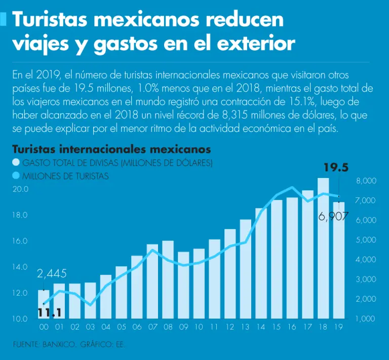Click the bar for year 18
(323, 248)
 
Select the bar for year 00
(44, 304)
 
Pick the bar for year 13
(246, 269)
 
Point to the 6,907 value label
(333, 217)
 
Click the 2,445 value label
(52, 274)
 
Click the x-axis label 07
(152, 328)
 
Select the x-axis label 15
(277, 328)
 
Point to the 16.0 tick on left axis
(21, 241)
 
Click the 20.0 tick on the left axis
(21, 189)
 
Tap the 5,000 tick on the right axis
(366, 240)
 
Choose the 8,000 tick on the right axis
(366, 181)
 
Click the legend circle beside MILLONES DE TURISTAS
(16, 176)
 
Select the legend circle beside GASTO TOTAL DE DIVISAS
(16, 163)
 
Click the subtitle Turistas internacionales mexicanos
(111, 150)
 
